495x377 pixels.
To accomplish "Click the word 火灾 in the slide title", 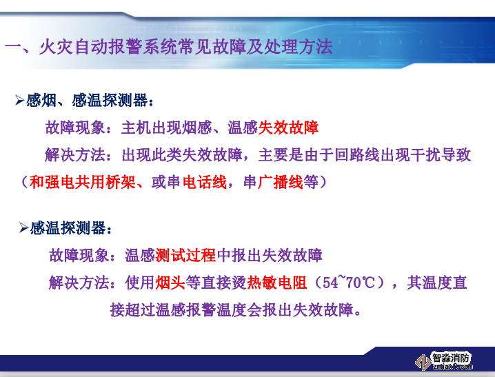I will [x=52, y=47].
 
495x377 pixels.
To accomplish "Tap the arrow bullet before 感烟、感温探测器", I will [x=20, y=101].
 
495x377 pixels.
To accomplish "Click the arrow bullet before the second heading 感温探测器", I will [x=24, y=227].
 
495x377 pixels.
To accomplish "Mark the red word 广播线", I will [x=281, y=183].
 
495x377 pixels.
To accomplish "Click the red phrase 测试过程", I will [x=185, y=256].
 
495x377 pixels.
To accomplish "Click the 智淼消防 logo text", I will [x=452, y=358].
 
